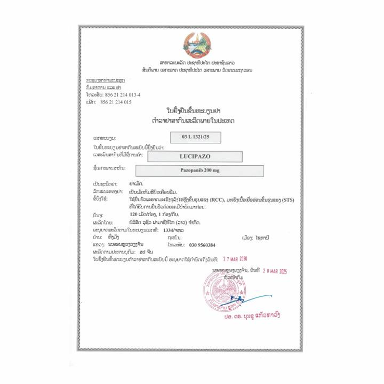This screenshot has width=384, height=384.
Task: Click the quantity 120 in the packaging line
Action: (135, 216)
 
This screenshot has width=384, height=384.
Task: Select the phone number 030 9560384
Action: (202, 245)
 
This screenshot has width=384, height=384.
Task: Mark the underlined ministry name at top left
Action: (105, 81)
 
